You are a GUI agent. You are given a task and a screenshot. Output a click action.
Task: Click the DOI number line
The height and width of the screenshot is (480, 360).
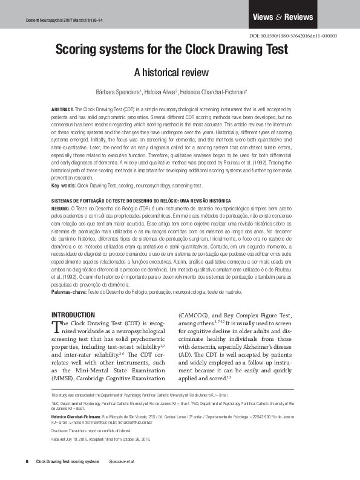[x=293, y=36]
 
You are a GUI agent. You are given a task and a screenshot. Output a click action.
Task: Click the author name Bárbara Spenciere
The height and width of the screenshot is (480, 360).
[x=117, y=92]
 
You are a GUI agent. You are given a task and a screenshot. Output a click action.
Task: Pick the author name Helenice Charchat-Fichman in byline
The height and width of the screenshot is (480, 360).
[x=213, y=92]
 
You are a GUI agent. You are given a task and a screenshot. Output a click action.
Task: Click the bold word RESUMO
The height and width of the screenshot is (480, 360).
[x=61, y=207]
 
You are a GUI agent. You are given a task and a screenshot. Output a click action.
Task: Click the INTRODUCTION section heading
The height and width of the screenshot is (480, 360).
[x=73, y=315]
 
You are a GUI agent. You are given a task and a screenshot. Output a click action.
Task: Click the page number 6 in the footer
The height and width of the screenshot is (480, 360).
[x=27, y=462]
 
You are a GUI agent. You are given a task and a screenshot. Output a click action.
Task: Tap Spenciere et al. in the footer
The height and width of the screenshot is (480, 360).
[x=120, y=462]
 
